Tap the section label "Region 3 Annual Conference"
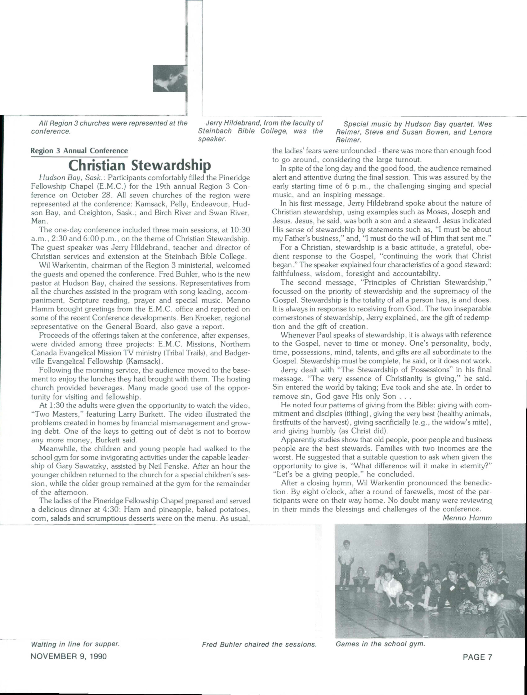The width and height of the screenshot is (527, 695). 79,151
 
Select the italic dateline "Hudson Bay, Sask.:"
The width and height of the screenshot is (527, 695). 72,178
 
